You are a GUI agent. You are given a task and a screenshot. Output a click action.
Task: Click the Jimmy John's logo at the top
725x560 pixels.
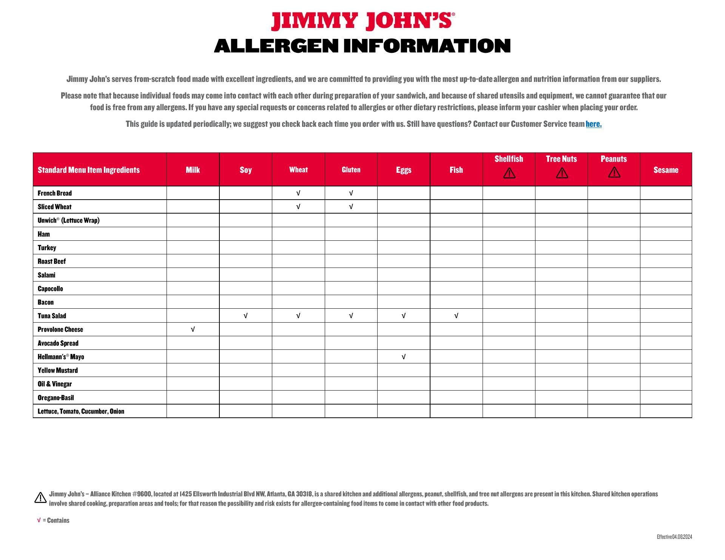pyautogui.click(x=362, y=21)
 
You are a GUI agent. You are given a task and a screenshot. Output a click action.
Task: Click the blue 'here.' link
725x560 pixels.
pyautogui.click(x=594, y=124)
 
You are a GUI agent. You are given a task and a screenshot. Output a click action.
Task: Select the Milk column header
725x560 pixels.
pyautogui.click(x=193, y=170)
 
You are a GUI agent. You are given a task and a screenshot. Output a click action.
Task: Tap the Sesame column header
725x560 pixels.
pyautogui.click(x=666, y=170)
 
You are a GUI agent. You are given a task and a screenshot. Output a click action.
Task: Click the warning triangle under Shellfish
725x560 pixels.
pyautogui.click(x=509, y=173)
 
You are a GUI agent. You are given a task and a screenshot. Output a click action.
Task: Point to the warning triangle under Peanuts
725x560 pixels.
pyautogui.click(x=614, y=172)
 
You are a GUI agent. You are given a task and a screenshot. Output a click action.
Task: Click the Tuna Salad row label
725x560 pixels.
pyautogui.click(x=52, y=316)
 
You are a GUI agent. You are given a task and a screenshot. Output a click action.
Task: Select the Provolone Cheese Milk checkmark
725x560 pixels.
pyautogui.click(x=193, y=329)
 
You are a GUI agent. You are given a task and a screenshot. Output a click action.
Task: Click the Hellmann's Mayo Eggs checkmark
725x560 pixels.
pyautogui.click(x=403, y=357)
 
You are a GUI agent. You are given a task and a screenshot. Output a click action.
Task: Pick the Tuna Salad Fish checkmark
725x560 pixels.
pyautogui.click(x=456, y=316)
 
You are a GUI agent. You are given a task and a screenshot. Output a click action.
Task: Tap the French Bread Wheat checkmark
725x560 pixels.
pyautogui.click(x=298, y=193)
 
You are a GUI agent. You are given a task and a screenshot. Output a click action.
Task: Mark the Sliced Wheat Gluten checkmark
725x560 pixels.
pyautogui.click(x=351, y=207)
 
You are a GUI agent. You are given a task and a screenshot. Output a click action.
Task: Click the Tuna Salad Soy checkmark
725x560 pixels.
pyautogui.click(x=245, y=316)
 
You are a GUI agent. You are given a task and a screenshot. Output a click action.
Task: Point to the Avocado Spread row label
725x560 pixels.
pyautogui.click(x=58, y=343)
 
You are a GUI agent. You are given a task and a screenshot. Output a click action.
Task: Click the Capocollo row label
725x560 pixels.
pyautogui.click(x=50, y=289)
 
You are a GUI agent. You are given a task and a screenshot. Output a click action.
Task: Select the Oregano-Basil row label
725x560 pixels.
pyautogui.click(x=56, y=398)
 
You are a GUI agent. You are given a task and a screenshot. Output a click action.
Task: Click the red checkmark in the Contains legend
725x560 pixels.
pyautogui.click(x=39, y=520)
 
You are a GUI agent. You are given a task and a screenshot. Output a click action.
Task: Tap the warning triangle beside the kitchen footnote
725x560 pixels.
pyautogui.click(x=40, y=498)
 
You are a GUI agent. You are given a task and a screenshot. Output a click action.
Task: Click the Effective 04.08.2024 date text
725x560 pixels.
pyautogui.click(x=674, y=537)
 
